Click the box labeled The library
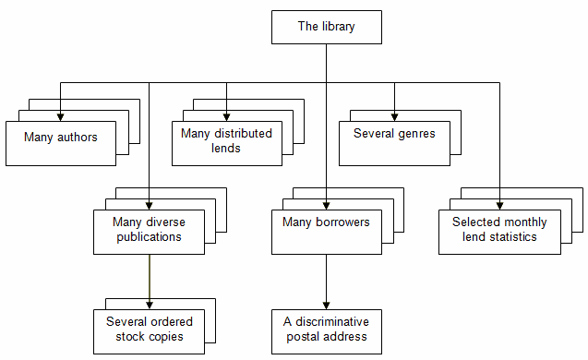pos(326,27)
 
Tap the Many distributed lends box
pos(226,141)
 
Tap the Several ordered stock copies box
pos(148,330)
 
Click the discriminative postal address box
pos(326,330)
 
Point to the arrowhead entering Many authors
pos(61,115)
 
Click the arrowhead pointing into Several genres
pos(394,115)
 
